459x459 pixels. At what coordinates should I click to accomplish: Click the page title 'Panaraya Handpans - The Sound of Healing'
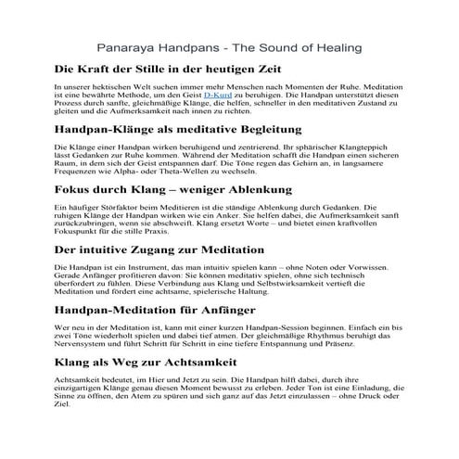(229, 46)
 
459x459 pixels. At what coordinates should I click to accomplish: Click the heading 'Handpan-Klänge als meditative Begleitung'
(192, 130)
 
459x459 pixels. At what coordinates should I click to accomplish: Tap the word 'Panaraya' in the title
(129, 46)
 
